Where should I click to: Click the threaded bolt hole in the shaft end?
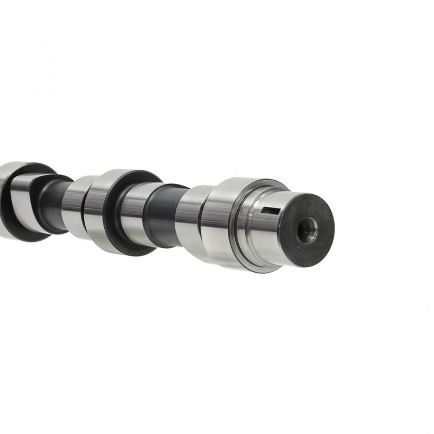(307, 230)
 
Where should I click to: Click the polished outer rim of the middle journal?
(96, 209)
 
